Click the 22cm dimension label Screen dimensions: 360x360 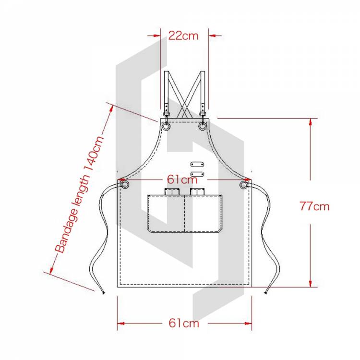point(183,36)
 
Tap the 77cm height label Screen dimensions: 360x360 point(314,207)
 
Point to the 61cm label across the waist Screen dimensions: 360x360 point(182,180)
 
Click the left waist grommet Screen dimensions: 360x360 point(124,185)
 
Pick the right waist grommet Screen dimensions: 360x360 point(244,185)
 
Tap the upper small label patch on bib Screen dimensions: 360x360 point(195,164)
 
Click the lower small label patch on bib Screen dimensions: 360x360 point(195,173)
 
